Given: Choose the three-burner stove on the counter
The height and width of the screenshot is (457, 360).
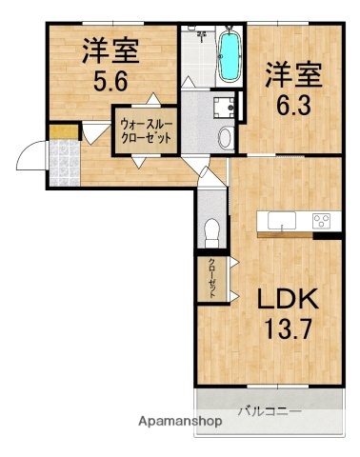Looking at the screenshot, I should [x=321, y=223].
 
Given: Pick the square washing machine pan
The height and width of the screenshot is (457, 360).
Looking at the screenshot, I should [x=225, y=108].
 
